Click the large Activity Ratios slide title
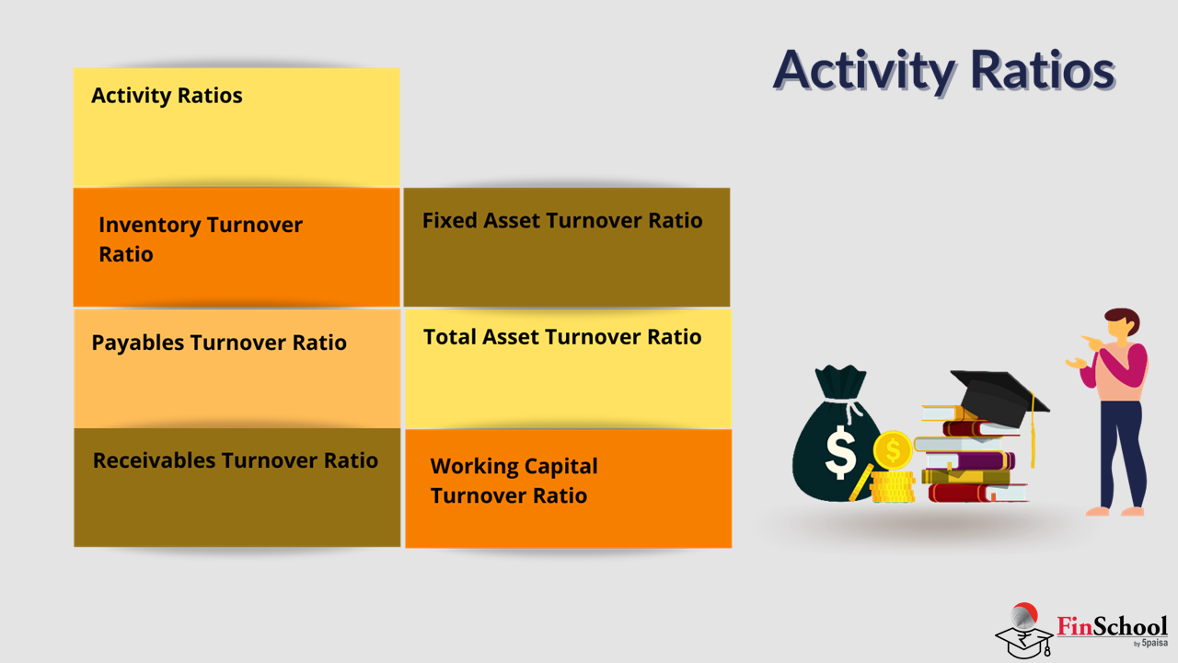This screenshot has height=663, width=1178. click(x=944, y=71)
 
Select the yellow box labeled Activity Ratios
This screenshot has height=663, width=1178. click(x=237, y=127)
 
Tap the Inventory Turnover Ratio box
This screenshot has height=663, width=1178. click(x=237, y=248)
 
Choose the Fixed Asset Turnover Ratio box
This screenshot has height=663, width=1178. click(x=567, y=248)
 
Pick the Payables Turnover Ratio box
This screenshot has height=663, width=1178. click(x=237, y=368)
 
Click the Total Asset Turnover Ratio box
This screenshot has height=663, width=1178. click(x=568, y=368)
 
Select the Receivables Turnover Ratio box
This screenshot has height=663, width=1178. click(x=237, y=487)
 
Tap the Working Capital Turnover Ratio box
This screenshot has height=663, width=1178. click(x=568, y=489)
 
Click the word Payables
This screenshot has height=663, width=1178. click(x=138, y=343)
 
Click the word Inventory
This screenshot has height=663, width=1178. click(x=150, y=226)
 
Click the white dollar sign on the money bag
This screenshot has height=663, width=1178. click(x=841, y=452)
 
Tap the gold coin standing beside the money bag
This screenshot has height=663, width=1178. click(x=893, y=450)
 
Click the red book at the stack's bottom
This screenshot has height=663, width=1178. click(x=977, y=493)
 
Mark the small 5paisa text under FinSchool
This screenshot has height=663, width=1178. click(x=1154, y=643)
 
